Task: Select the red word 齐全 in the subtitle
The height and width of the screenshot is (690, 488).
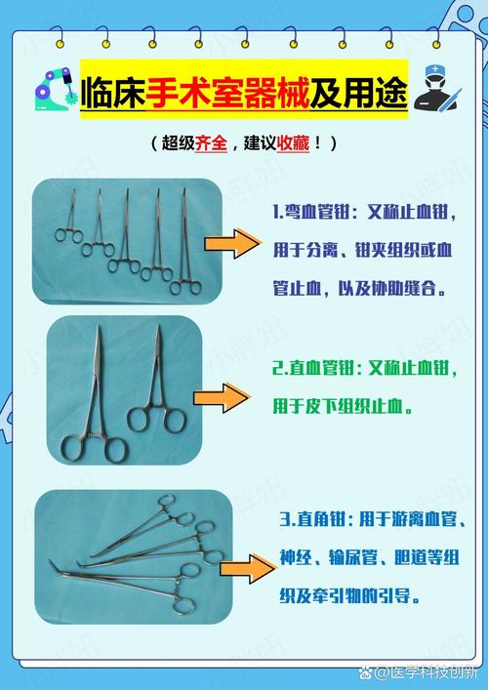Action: coord(211,143)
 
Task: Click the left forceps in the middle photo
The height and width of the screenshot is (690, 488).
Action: coord(96,400)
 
